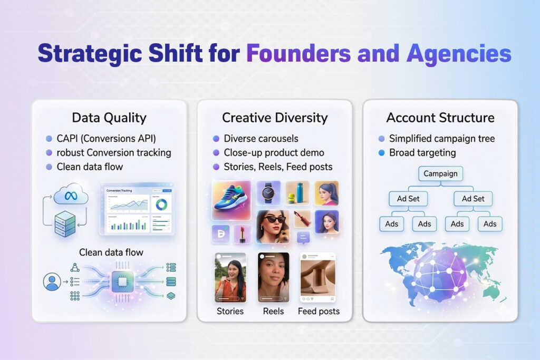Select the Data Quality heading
pyautogui.click(x=109, y=118)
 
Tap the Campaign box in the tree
pyautogui.click(x=440, y=173)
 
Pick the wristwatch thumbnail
pyautogui.click(x=268, y=193)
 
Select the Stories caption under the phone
pyautogui.click(x=230, y=311)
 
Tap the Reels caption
pyautogui.click(x=273, y=311)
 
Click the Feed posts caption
pyautogui.click(x=319, y=311)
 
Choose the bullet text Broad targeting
pyautogui.click(x=422, y=153)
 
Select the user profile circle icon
pyautogui.click(x=52, y=283)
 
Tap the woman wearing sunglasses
pyautogui.click(x=273, y=226)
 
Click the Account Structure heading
pyautogui.click(x=440, y=118)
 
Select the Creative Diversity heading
pyautogui.click(x=274, y=118)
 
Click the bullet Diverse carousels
pyautogui.click(x=261, y=139)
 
